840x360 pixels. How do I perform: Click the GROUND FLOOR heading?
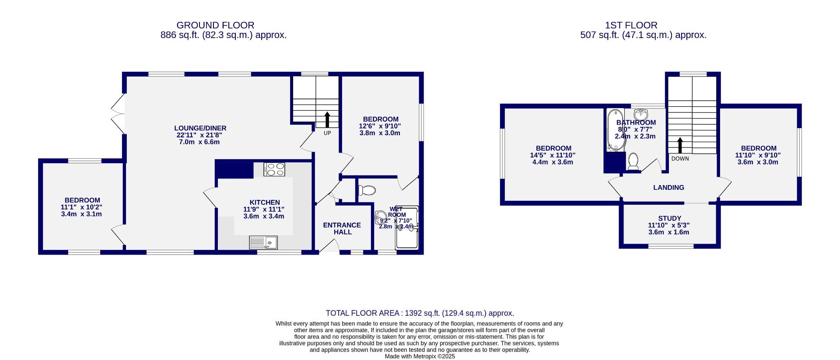pyautogui.click(x=215, y=25)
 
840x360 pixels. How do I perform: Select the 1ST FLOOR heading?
pyautogui.click(x=631, y=25)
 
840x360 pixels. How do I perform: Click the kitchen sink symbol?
pyautogui.click(x=263, y=242)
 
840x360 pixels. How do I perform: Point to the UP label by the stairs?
pyautogui.click(x=327, y=133)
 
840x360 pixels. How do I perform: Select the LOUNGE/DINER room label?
pyautogui.click(x=200, y=128)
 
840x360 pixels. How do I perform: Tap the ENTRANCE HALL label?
pyautogui.click(x=342, y=228)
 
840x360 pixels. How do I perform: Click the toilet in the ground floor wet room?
pyautogui.click(x=367, y=191)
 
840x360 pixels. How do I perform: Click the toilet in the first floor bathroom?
pyautogui.click(x=633, y=161)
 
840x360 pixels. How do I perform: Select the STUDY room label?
pyautogui.click(x=669, y=218)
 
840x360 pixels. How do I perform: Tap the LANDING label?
pyautogui.click(x=668, y=188)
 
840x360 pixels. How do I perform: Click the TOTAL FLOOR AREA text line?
pyautogui.click(x=420, y=313)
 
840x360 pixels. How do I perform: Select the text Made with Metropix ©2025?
pyautogui.click(x=420, y=357)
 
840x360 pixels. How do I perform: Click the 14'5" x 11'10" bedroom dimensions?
pyautogui.click(x=553, y=155)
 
